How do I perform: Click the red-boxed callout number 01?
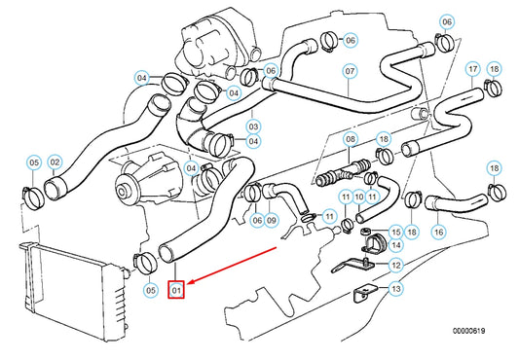point(176,289)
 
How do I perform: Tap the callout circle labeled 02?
point(55,162)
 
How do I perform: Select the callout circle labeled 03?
point(253,126)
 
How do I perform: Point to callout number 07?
point(350,71)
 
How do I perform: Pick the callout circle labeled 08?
point(352,140)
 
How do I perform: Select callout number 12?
point(395,265)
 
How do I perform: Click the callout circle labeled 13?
point(395,289)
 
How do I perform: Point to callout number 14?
point(395,246)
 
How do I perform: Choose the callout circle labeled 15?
point(395,231)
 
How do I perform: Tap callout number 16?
point(439,232)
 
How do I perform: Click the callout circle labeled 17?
point(472,69)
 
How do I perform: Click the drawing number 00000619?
point(466,332)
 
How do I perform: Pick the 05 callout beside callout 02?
point(33,162)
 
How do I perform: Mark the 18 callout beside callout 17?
point(494,69)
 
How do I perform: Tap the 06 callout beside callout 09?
point(256,220)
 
